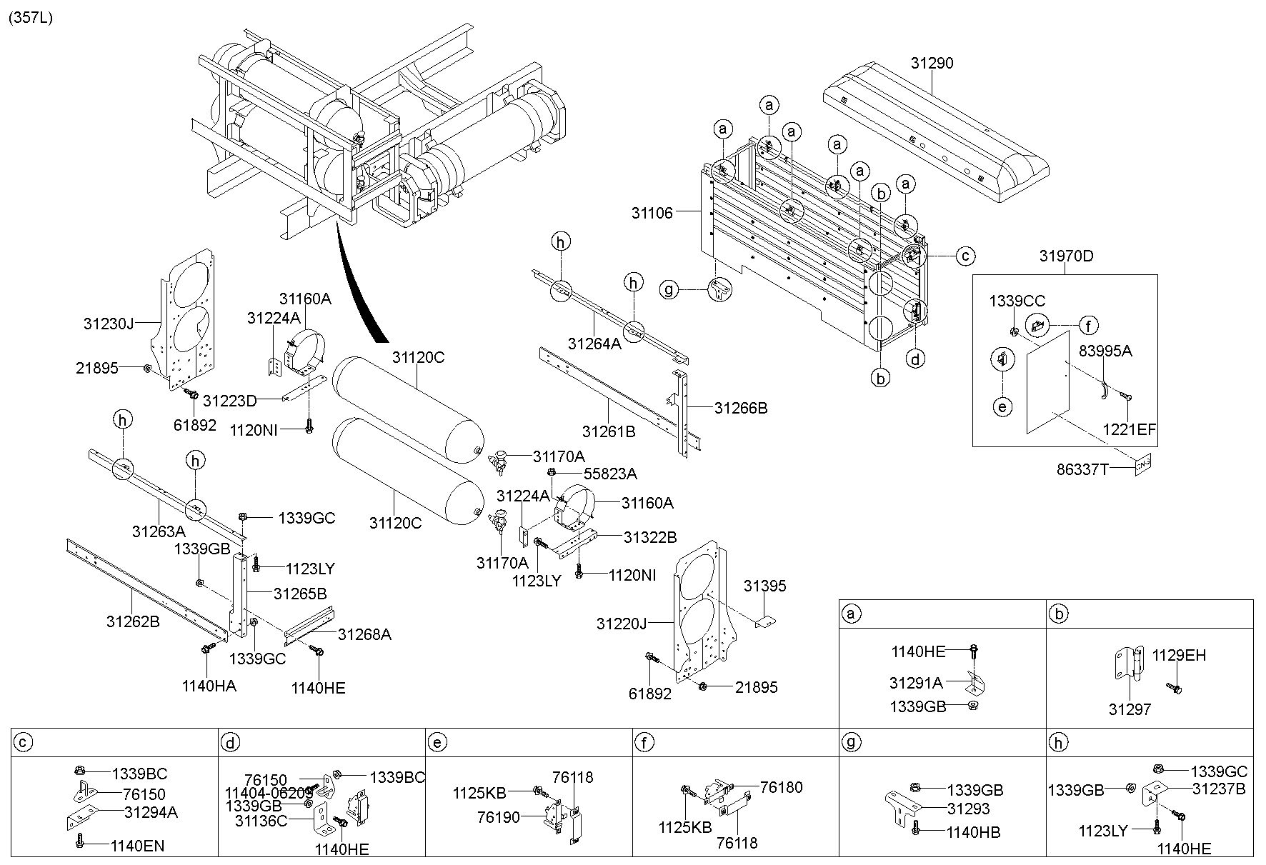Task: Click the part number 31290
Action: point(932,63)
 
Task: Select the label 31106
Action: point(652,212)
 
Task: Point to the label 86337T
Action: point(1083,469)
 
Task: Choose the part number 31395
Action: point(764,586)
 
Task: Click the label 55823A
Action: point(610,474)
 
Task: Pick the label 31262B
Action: point(133,621)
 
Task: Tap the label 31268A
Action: point(364,634)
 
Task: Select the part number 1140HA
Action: point(209,686)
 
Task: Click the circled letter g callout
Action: point(669,290)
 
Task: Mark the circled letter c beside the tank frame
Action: point(965,255)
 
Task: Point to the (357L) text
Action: point(30,18)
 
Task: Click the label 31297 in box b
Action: point(1130,709)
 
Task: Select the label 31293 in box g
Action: point(969,809)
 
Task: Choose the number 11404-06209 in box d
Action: point(269,793)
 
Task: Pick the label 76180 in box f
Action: point(782,787)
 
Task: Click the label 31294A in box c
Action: point(151,812)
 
